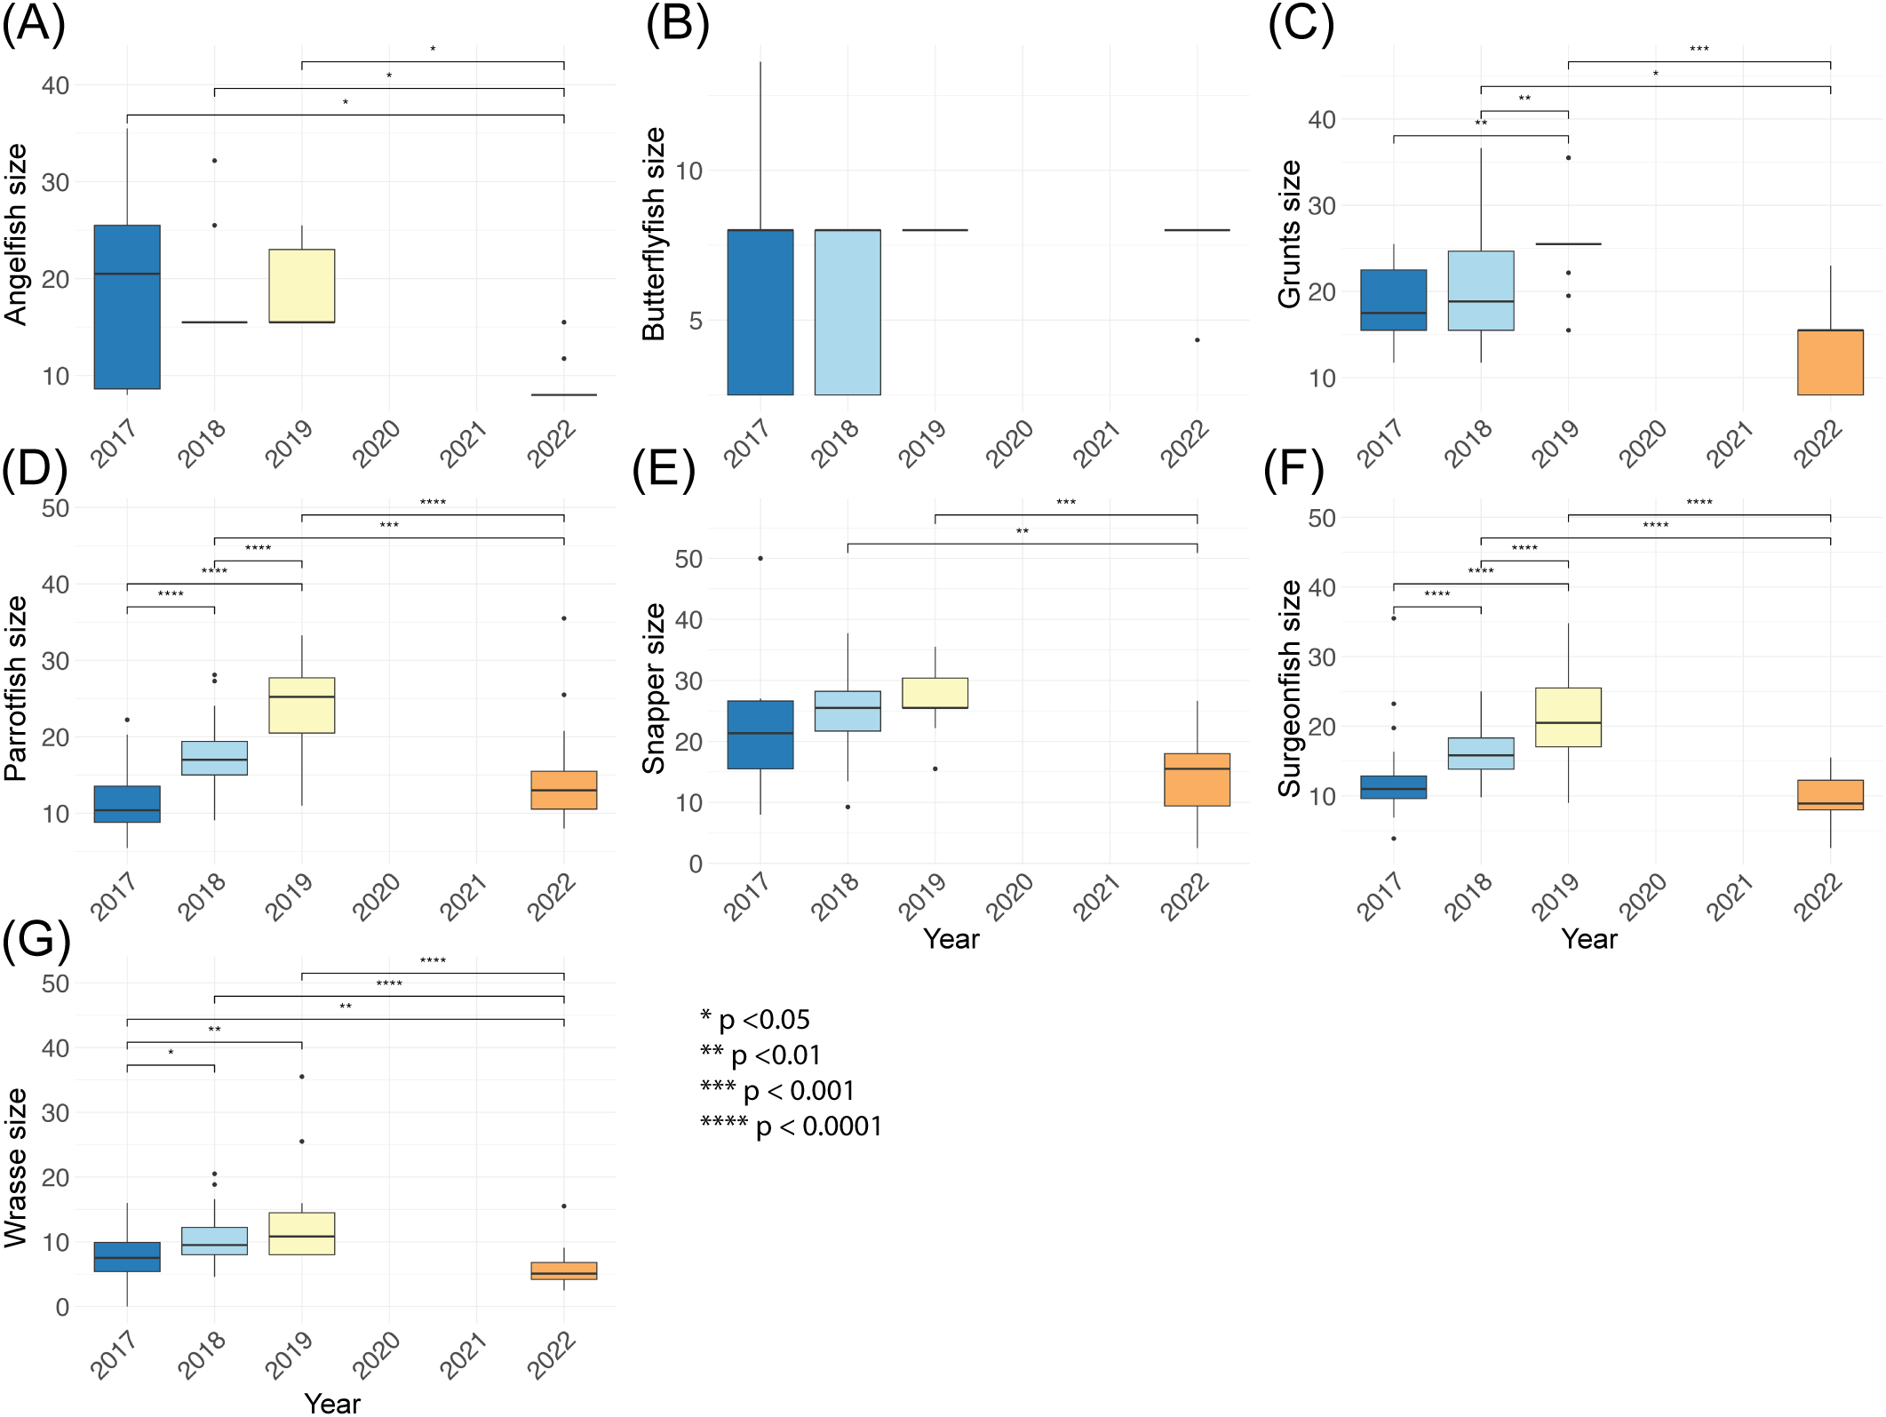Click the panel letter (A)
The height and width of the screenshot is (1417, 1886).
34,24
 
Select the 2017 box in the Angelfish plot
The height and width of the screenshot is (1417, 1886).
127,306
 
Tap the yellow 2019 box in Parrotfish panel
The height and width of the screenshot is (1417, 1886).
302,705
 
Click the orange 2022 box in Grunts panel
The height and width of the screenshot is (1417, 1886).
1830,362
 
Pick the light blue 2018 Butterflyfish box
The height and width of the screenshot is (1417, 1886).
848,312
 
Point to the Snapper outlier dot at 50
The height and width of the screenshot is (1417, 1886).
760,559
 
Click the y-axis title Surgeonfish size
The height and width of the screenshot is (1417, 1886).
1289,689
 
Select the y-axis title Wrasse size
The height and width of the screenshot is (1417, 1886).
16,1168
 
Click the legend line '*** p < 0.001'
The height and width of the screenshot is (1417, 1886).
777,1090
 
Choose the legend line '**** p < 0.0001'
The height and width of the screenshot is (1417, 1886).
791,1126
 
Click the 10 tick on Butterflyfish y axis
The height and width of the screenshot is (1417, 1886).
688,171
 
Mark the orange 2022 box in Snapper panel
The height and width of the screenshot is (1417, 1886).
1197,780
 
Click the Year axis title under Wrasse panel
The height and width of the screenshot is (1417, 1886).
332,1403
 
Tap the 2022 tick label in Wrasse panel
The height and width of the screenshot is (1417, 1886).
552,1355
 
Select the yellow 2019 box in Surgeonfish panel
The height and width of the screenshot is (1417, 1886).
1568,717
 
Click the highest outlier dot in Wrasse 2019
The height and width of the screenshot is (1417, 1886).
302,1077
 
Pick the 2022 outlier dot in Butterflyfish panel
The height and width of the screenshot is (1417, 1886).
1197,340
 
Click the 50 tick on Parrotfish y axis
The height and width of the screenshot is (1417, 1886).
55,508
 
